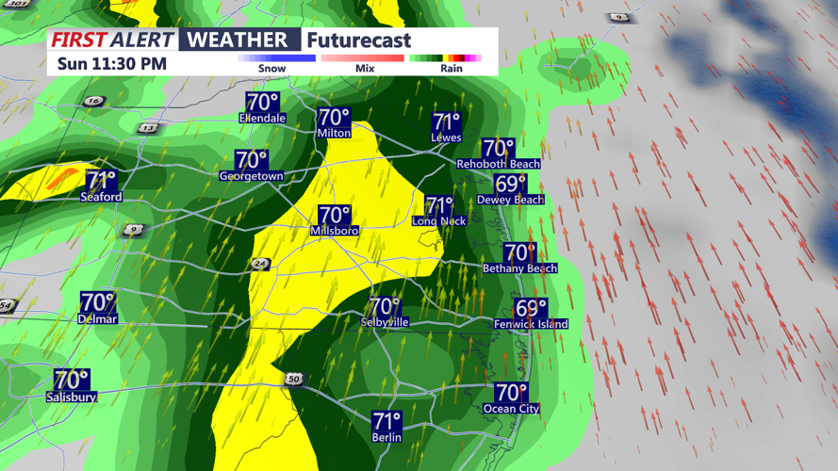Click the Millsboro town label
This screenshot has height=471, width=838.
click(335, 231)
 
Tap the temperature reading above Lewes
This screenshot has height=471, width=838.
click(446, 122)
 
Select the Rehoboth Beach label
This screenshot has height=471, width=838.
click(499, 164)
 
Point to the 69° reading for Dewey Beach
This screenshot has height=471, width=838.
click(510, 184)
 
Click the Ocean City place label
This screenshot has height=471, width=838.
click(511, 409)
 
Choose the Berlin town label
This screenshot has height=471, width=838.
click(386, 437)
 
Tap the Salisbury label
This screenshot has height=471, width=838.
click(72, 398)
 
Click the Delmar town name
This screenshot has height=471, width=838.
click(98, 319)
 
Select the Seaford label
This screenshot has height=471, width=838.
click(101, 197)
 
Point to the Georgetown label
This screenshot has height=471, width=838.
click(251, 176)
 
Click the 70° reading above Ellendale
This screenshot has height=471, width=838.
click(262, 102)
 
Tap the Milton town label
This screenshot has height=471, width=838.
click(334, 134)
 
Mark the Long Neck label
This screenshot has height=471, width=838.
click(439, 221)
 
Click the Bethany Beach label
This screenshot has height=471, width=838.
click(519, 268)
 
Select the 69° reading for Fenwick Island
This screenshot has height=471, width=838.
click(531, 308)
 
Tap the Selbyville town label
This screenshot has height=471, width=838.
click(385, 322)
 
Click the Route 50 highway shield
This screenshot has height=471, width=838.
click(295, 379)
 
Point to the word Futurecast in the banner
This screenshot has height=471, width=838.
click(358, 41)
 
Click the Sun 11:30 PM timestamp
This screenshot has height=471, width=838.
click(111, 64)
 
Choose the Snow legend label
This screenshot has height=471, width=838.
click(271, 68)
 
